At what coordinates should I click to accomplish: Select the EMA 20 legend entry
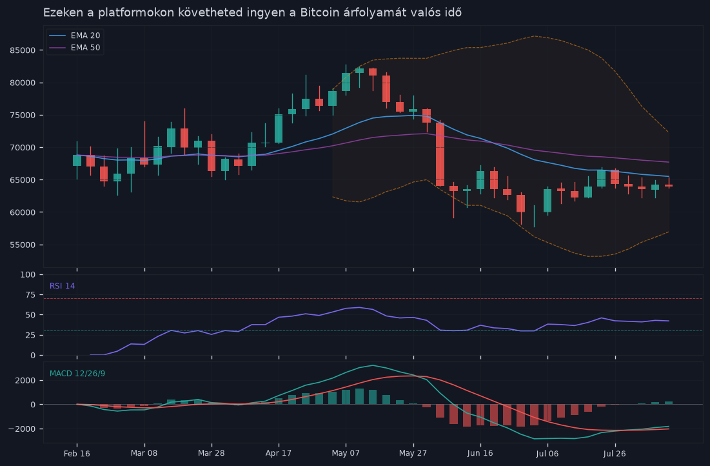(x=75, y=35)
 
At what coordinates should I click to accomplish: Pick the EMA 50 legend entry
(x=75, y=48)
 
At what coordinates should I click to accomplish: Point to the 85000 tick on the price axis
(x=23, y=50)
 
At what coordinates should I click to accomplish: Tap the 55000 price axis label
(x=23, y=245)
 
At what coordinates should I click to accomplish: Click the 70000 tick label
(x=23, y=148)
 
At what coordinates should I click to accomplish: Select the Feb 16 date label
(x=77, y=453)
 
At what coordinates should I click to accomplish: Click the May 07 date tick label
(x=346, y=453)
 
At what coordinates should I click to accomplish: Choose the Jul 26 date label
(x=615, y=453)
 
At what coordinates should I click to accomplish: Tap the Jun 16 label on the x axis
(x=480, y=453)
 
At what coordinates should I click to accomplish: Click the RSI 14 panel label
(x=63, y=286)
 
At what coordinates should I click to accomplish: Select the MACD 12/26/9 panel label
(x=77, y=374)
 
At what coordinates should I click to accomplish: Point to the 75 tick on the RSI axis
(x=31, y=295)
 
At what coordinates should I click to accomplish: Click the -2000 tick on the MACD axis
(x=23, y=429)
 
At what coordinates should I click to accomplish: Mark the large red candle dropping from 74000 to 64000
(x=440, y=154)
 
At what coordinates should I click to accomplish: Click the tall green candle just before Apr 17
(x=279, y=128)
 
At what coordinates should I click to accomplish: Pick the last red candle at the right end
(x=669, y=185)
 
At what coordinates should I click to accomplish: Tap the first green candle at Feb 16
(x=77, y=161)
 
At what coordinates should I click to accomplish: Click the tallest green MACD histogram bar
(x=360, y=396)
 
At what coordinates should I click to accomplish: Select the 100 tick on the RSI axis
(x=28, y=275)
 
